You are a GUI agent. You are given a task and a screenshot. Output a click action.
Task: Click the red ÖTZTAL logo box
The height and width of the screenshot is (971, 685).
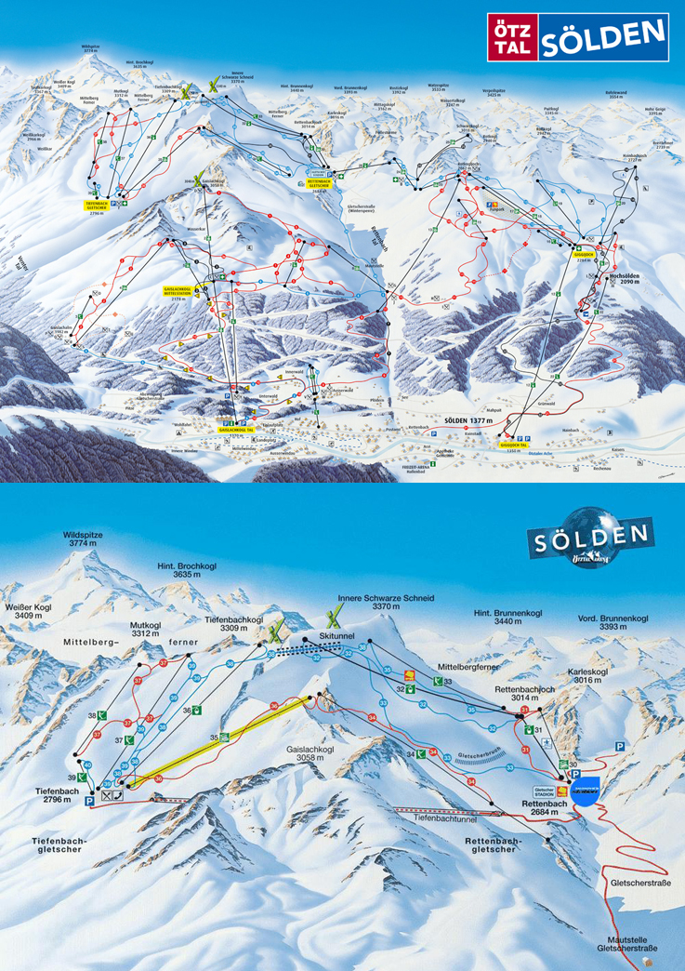(511, 38)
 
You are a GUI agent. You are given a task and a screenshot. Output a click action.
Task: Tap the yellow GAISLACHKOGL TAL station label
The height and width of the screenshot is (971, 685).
(238, 431)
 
